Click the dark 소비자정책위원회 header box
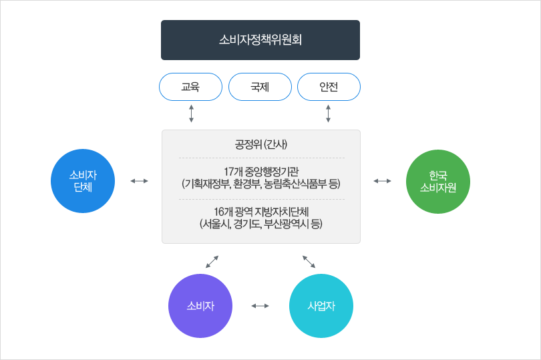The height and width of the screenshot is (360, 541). click(x=260, y=40)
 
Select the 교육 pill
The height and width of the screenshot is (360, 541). click(x=190, y=87)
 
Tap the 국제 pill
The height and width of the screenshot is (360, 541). click(x=260, y=87)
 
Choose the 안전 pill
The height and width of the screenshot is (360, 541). click(x=329, y=87)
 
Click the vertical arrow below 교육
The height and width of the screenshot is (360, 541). click(x=191, y=114)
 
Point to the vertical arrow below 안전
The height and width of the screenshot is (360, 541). click(x=328, y=114)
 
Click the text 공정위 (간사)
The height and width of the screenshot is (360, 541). click(x=261, y=144)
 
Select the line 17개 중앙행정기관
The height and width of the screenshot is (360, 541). click(x=261, y=171)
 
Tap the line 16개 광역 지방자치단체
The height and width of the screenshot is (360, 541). click(x=261, y=211)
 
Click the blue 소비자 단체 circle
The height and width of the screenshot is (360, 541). click(x=83, y=181)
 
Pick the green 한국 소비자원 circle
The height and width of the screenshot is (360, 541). click(x=438, y=182)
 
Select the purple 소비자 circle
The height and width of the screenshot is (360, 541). click(x=200, y=306)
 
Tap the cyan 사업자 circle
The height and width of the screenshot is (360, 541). click(x=321, y=306)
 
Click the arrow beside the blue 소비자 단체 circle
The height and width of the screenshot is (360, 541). click(x=139, y=181)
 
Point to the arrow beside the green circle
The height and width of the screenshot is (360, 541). click(x=382, y=181)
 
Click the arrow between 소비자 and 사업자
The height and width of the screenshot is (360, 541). click(x=260, y=306)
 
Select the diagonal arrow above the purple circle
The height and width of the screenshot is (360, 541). click(x=212, y=262)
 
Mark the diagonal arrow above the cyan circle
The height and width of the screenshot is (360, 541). click(x=309, y=262)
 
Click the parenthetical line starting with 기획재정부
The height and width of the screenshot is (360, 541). click(x=261, y=184)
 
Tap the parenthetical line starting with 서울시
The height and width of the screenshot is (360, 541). click(x=261, y=224)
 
